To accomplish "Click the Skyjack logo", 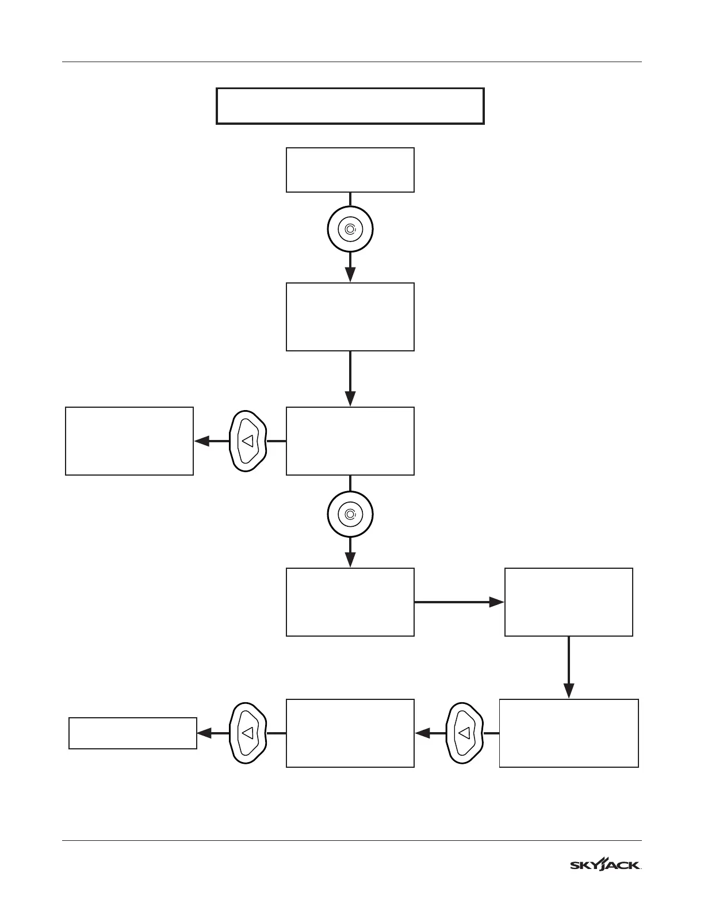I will [606, 864].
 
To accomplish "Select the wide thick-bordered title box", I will [350, 106].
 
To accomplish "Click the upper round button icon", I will [350, 229].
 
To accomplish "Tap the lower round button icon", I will [350, 514].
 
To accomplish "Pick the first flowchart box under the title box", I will [350, 170].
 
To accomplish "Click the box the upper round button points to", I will [350, 316].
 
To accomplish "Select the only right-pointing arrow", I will [459, 602].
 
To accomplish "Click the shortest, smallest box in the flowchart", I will [132, 733].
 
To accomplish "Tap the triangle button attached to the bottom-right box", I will [465, 733].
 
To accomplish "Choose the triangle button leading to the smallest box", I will [248, 733].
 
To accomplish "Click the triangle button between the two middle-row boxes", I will [248, 441].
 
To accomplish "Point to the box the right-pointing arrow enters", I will [568, 602].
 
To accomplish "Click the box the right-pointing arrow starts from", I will [350, 602].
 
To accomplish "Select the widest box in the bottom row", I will [568, 733].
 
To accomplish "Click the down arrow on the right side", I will [568, 667].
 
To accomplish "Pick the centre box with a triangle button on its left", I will [350, 441].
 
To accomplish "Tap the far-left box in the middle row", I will [129, 441].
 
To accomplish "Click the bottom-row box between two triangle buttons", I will [350, 733].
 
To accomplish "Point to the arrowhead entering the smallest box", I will [202, 733].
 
